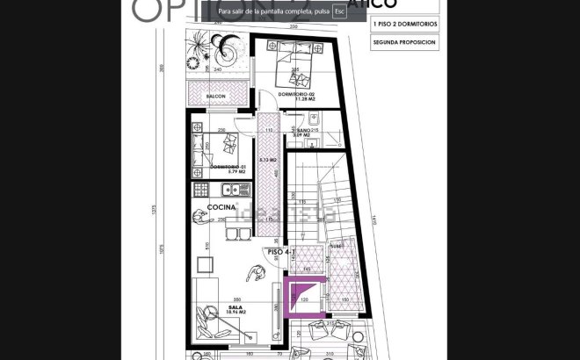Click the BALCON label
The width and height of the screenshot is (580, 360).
click(x=216, y=96)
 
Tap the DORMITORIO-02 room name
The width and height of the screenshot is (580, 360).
click(x=295, y=94)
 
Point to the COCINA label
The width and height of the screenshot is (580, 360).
click(x=221, y=207)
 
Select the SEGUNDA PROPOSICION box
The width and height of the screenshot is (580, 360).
click(x=403, y=41)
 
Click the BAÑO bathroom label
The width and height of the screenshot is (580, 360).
click(x=306, y=130)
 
